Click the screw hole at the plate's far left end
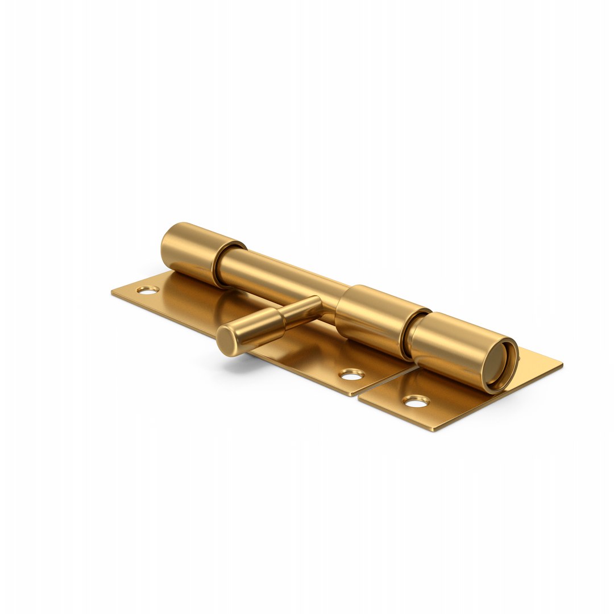(148, 290)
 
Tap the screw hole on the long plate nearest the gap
(352, 374)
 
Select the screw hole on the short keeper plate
(416, 401)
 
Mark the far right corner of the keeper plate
(562, 364)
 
